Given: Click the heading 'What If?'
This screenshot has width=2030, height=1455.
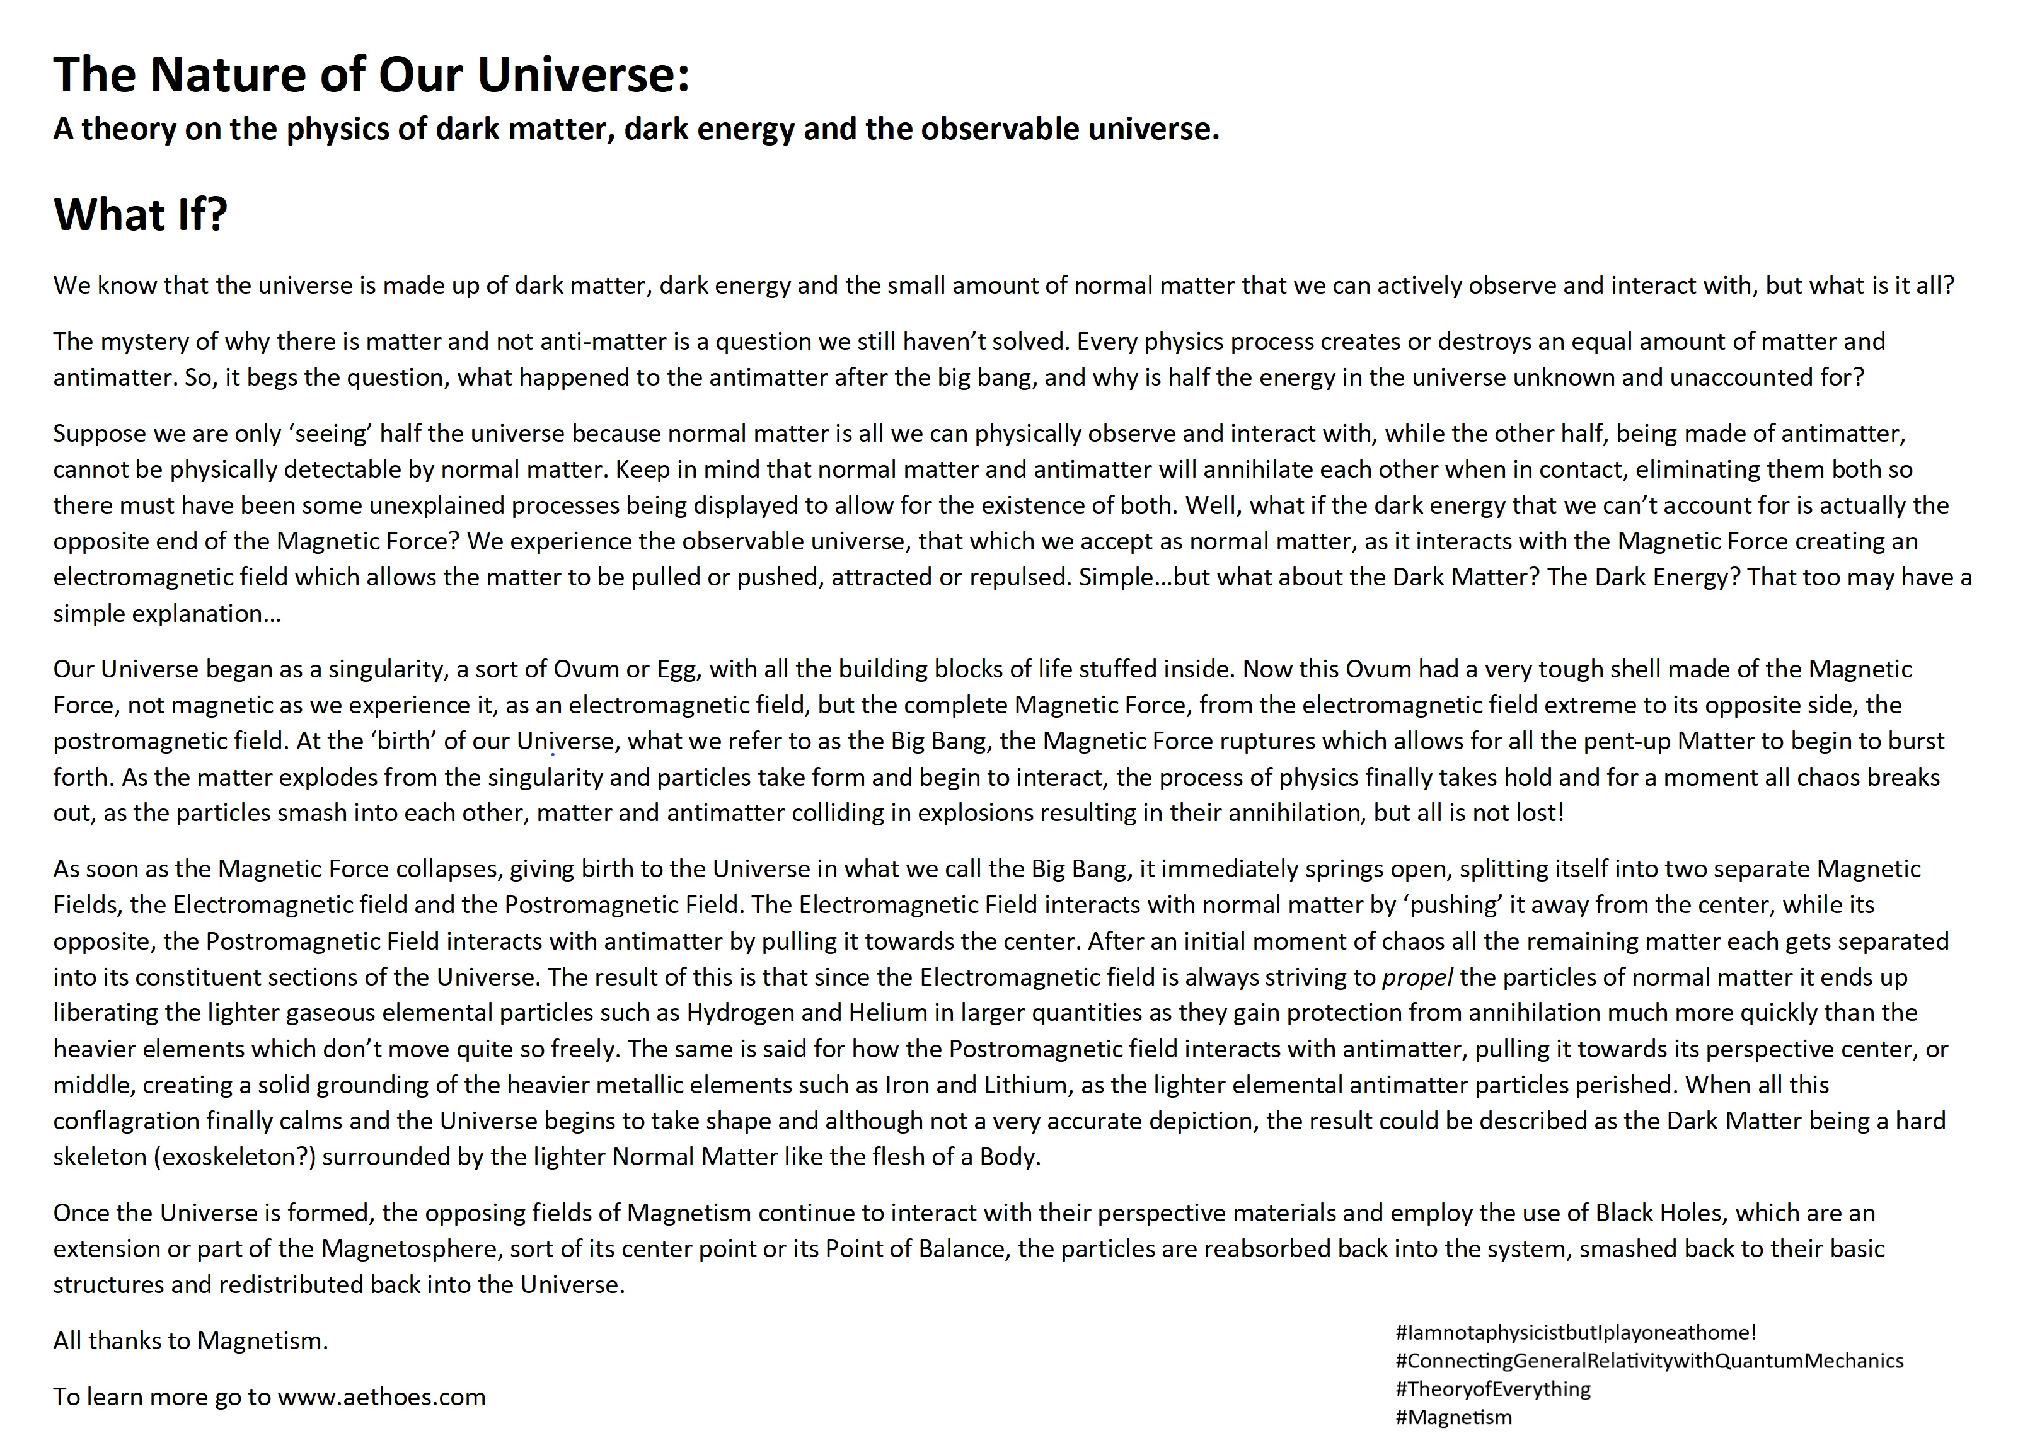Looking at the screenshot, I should [141, 215].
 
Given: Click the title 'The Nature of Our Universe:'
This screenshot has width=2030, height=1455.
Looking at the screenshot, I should [371, 74].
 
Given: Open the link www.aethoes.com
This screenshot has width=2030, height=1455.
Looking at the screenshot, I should [382, 1397].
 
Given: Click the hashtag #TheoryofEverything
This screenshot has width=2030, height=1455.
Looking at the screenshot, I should [1493, 1389].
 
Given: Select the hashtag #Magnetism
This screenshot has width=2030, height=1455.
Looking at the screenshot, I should [1453, 1417].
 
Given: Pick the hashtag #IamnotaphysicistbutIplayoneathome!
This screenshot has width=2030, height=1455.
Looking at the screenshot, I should [1576, 1332].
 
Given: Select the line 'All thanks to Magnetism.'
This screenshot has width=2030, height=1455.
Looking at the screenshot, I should [191, 1340].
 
